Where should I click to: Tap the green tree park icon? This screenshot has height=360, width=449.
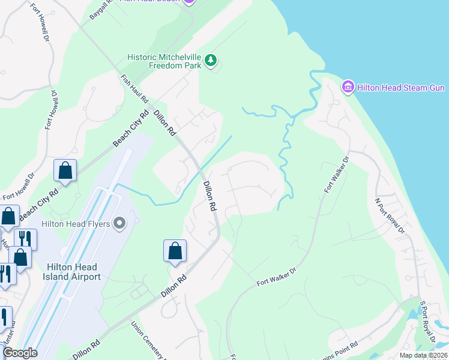pos(210,60)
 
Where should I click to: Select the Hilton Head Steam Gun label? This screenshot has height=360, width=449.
pos(400,88)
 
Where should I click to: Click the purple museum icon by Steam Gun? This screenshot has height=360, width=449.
pos(348,88)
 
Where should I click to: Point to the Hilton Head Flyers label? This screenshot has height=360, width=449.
pos(76,224)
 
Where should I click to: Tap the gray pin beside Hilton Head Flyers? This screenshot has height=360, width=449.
pos(119,224)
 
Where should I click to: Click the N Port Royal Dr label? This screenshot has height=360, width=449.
pos(388,215)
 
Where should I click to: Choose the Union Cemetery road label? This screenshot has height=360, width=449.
pos(148,341)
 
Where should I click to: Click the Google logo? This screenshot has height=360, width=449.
pos(20,353)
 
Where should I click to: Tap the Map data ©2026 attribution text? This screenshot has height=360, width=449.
pos(424,355)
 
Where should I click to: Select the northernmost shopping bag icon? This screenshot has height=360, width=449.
pos(65,170)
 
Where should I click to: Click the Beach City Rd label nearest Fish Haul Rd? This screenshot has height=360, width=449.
pos(130,130)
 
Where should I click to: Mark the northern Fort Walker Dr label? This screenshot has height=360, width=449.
pos(337,175)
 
